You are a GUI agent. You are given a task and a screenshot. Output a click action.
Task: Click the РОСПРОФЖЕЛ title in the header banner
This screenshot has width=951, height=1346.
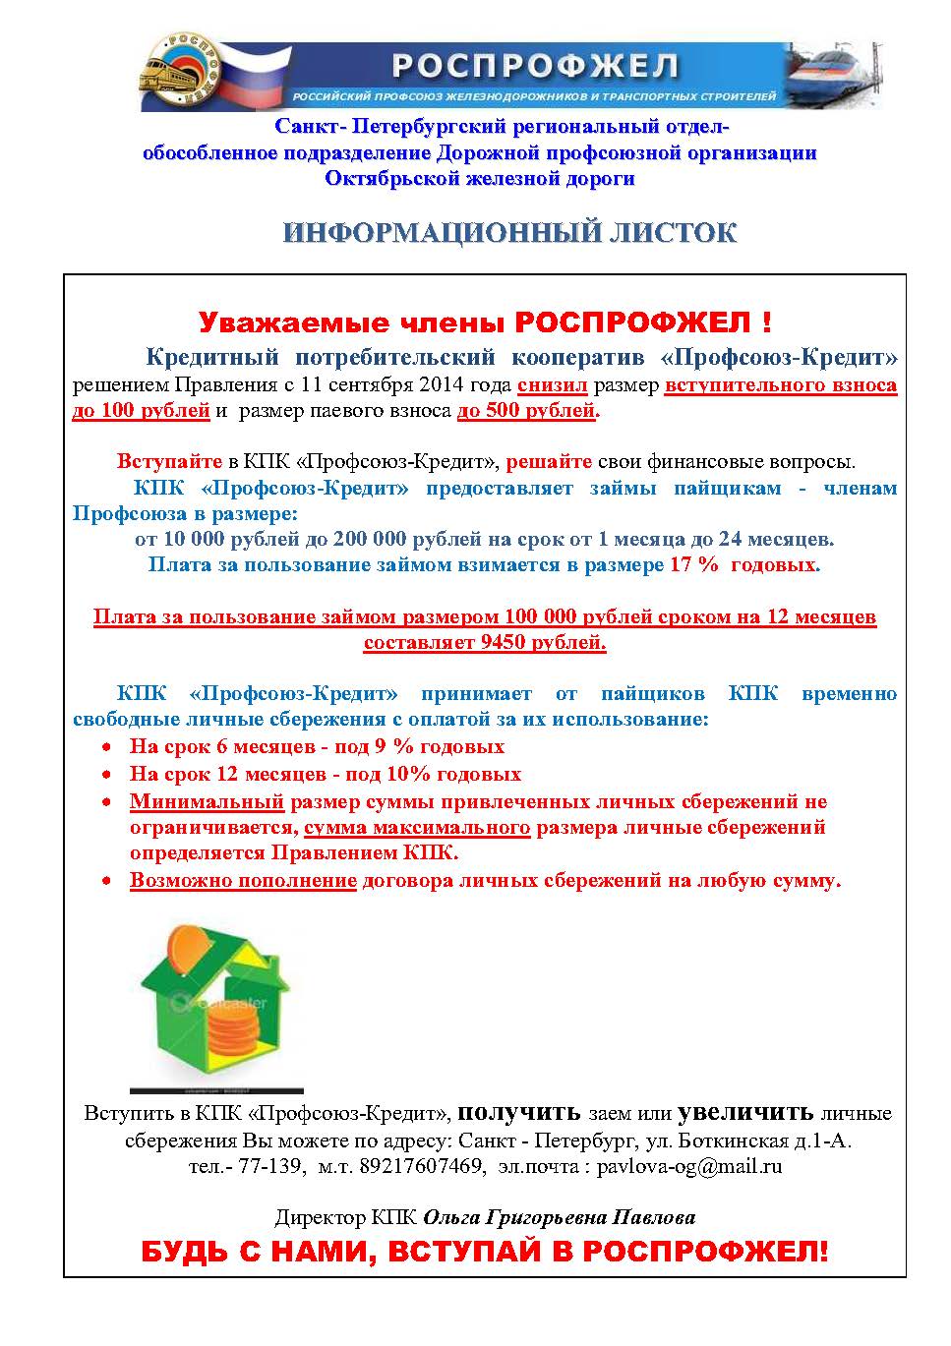point(535,66)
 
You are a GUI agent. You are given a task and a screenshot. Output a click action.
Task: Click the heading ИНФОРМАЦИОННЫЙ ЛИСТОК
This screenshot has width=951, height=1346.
point(509,233)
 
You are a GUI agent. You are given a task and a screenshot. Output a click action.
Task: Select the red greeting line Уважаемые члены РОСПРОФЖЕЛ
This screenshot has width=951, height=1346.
point(485,322)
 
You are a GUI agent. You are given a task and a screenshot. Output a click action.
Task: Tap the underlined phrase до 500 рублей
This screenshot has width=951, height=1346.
point(526,411)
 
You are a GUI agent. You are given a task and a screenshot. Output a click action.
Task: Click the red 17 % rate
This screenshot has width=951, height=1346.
point(693,565)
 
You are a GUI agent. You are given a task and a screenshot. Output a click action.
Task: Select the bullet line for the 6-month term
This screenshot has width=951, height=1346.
point(317,747)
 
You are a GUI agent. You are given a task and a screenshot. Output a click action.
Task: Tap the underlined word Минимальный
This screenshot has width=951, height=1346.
point(207,801)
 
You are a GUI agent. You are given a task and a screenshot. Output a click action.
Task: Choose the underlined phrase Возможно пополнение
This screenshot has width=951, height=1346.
point(243,881)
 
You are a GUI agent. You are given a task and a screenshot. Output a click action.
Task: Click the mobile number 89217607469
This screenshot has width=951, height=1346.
point(424,1167)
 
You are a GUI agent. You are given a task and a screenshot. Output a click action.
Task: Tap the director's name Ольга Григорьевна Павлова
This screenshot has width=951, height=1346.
point(559,1218)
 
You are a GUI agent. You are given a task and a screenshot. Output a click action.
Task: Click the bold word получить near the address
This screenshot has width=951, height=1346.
point(520,1113)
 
